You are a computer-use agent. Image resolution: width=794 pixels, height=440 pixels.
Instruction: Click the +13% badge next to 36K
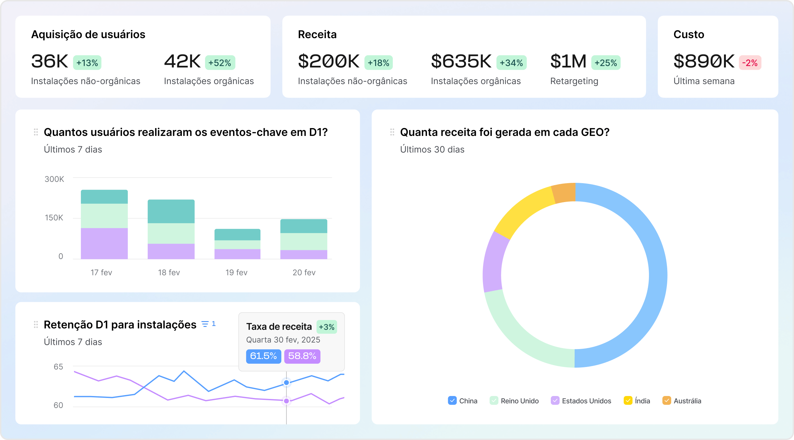87,63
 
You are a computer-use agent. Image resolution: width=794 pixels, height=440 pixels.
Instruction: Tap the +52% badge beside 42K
220,63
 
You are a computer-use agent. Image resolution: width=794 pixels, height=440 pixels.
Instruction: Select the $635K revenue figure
461,61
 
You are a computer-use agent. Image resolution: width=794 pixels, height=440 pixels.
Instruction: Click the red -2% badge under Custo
750,63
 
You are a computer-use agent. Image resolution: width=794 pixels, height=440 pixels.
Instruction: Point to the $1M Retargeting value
568,61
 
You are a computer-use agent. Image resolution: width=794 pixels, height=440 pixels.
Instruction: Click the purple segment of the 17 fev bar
104,243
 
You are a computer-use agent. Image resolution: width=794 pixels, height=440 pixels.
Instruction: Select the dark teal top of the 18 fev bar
171,211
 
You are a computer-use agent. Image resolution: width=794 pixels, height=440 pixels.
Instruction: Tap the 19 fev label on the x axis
236,272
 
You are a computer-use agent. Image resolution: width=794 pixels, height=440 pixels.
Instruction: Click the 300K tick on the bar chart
54,179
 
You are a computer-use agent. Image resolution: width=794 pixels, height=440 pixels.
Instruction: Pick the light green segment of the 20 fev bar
303,242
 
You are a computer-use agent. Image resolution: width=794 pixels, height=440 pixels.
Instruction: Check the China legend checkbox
452,401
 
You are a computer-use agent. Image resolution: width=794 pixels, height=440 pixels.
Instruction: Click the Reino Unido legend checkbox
494,401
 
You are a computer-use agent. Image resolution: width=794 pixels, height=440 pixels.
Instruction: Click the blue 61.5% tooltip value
263,356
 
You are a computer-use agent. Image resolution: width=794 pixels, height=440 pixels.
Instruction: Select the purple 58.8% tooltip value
302,356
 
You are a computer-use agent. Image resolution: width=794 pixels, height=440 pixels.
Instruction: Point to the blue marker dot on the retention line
286,383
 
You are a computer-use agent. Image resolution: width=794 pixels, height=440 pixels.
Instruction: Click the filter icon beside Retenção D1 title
205,324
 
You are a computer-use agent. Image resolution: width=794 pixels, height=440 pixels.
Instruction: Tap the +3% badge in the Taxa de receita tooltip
327,327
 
